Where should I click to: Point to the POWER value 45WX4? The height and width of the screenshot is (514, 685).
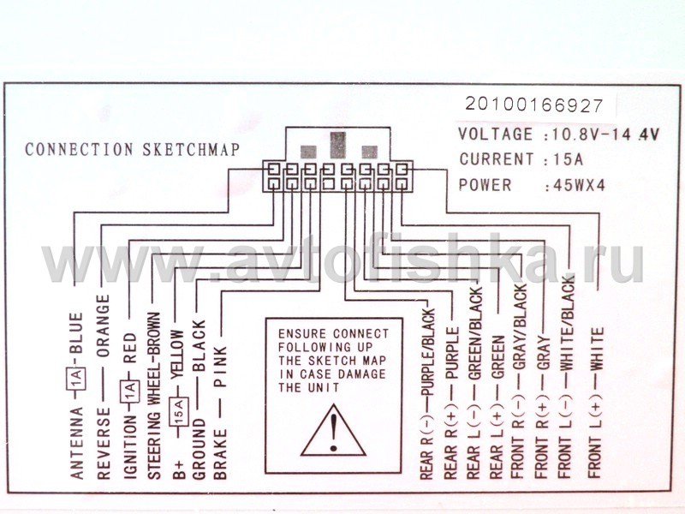pos(581,184)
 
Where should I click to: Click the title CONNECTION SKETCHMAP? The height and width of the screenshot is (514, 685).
pos(132,149)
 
